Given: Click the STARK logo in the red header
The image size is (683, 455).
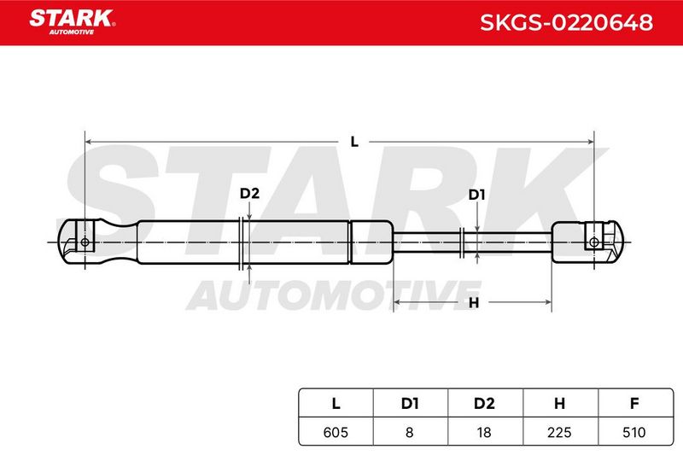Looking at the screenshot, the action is (x=73, y=22).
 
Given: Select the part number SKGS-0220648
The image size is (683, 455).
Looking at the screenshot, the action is (x=566, y=23).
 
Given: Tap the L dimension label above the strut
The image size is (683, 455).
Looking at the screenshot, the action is (x=354, y=142).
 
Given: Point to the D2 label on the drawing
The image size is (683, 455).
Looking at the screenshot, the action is (x=249, y=193).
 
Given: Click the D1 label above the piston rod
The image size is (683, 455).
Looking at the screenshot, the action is (x=476, y=195).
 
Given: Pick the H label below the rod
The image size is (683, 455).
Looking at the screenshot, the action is (x=474, y=302).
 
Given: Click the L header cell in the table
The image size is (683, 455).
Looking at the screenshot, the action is (x=336, y=404).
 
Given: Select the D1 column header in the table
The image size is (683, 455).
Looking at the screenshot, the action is (x=410, y=404).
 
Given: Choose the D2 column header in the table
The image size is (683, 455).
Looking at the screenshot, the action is (x=484, y=404).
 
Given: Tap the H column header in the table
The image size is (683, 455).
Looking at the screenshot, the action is (x=560, y=404).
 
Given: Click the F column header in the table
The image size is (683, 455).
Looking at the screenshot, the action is (x=634, y=404).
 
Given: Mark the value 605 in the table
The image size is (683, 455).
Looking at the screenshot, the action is (x=336, y=432).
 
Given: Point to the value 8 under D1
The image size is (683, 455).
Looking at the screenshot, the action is (x=410, y=432).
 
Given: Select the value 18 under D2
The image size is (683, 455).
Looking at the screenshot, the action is (x=484, y=432).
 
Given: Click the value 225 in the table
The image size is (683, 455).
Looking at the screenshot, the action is (x=559, y=432).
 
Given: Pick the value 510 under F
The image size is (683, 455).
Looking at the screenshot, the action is (x=634, y=432).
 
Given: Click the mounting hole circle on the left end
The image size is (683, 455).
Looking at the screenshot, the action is (x=85, y=242).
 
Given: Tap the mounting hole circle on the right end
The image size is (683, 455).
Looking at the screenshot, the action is (x=593, y=242).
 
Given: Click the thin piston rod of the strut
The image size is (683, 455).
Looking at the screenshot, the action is (x=473, y=242).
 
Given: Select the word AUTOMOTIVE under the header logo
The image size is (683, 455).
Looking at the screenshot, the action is (x=72, y=32).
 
